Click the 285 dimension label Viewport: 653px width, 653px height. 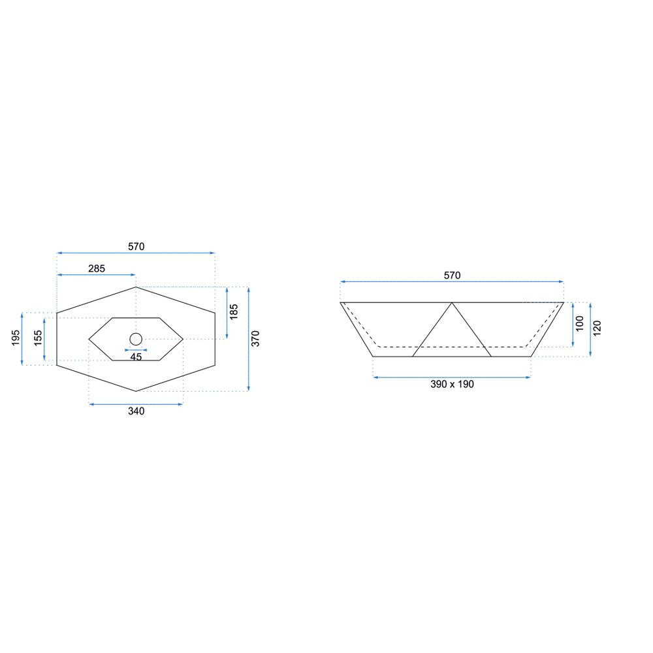(97, 268)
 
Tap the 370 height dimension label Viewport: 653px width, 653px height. (255, 338)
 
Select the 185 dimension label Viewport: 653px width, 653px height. (234, 312)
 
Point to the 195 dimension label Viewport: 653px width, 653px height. (16, 338)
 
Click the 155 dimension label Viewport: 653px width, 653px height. (38, 338)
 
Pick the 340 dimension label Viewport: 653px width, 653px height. (136, 411)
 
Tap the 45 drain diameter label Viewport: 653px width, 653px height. (136, 357)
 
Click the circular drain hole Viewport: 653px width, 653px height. (136, 339)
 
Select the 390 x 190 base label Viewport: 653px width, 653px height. (453, 385)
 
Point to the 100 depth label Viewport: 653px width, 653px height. (580, 324)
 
